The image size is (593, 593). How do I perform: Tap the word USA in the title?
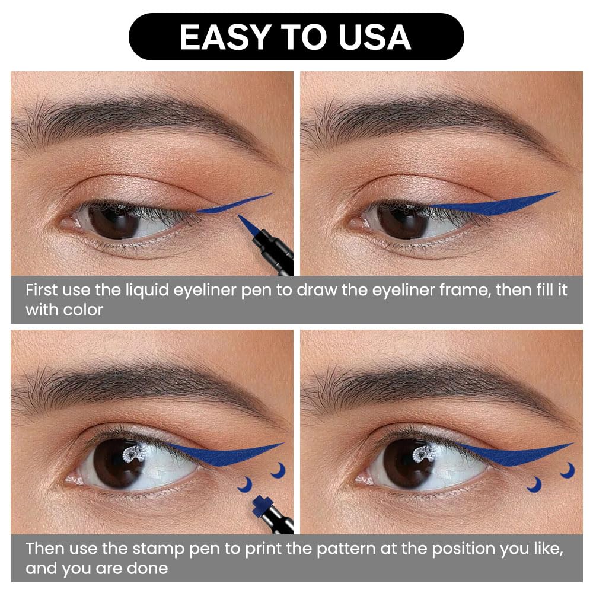point(374,37)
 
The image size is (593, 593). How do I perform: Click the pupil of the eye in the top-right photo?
point(403,222)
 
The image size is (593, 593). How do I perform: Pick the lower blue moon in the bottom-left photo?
point(247,485)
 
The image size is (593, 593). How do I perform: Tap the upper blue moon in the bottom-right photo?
point(569,470)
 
